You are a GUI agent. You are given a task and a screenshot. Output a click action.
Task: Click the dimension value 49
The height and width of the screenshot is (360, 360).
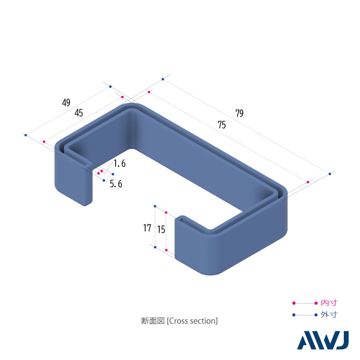tap(66, 103)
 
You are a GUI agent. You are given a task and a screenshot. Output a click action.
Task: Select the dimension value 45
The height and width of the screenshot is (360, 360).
tap(79, 113)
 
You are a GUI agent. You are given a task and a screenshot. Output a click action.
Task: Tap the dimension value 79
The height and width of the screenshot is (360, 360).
tap(239, 113)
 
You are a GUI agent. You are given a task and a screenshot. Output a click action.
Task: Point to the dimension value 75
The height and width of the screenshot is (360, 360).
tap(221, 126)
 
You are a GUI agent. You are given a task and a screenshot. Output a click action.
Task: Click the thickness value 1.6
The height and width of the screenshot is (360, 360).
tap(119, 164)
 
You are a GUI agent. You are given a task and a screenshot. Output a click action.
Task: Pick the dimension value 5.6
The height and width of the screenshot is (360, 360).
tap(116, 184)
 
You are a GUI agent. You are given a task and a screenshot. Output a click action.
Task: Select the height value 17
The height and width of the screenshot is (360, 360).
tap(147, 228)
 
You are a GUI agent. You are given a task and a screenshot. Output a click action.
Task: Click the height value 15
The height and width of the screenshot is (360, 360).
tap(161, 229)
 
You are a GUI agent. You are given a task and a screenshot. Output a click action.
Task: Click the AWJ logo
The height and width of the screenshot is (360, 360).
tap(323, 341)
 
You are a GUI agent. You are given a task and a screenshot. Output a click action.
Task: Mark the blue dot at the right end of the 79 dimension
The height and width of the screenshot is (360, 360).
tap(330, 174)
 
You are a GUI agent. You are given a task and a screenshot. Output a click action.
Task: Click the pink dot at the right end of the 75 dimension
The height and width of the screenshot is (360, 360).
tap(308, 182)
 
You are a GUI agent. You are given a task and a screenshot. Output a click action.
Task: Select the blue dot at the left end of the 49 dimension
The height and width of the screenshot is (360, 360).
tap(26, 135)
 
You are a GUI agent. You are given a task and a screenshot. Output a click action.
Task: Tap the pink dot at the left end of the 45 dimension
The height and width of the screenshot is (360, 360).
tap(44, 142)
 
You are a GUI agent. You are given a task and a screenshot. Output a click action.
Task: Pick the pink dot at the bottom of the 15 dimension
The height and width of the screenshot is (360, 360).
tap(166, 250)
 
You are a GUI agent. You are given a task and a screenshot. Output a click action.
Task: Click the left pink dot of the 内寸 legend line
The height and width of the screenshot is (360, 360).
tap(294, 303)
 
